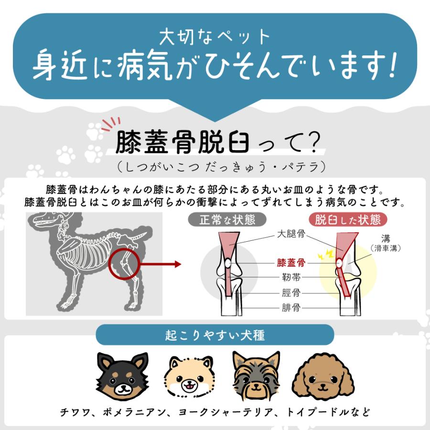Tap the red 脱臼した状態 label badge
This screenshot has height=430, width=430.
pyautogui.click(x=348, y=220)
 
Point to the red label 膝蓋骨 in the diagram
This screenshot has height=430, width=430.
pyautogui.click(x=291, y=263)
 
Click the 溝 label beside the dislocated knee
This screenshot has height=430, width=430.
pyautogui.click(x=385, y=238)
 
